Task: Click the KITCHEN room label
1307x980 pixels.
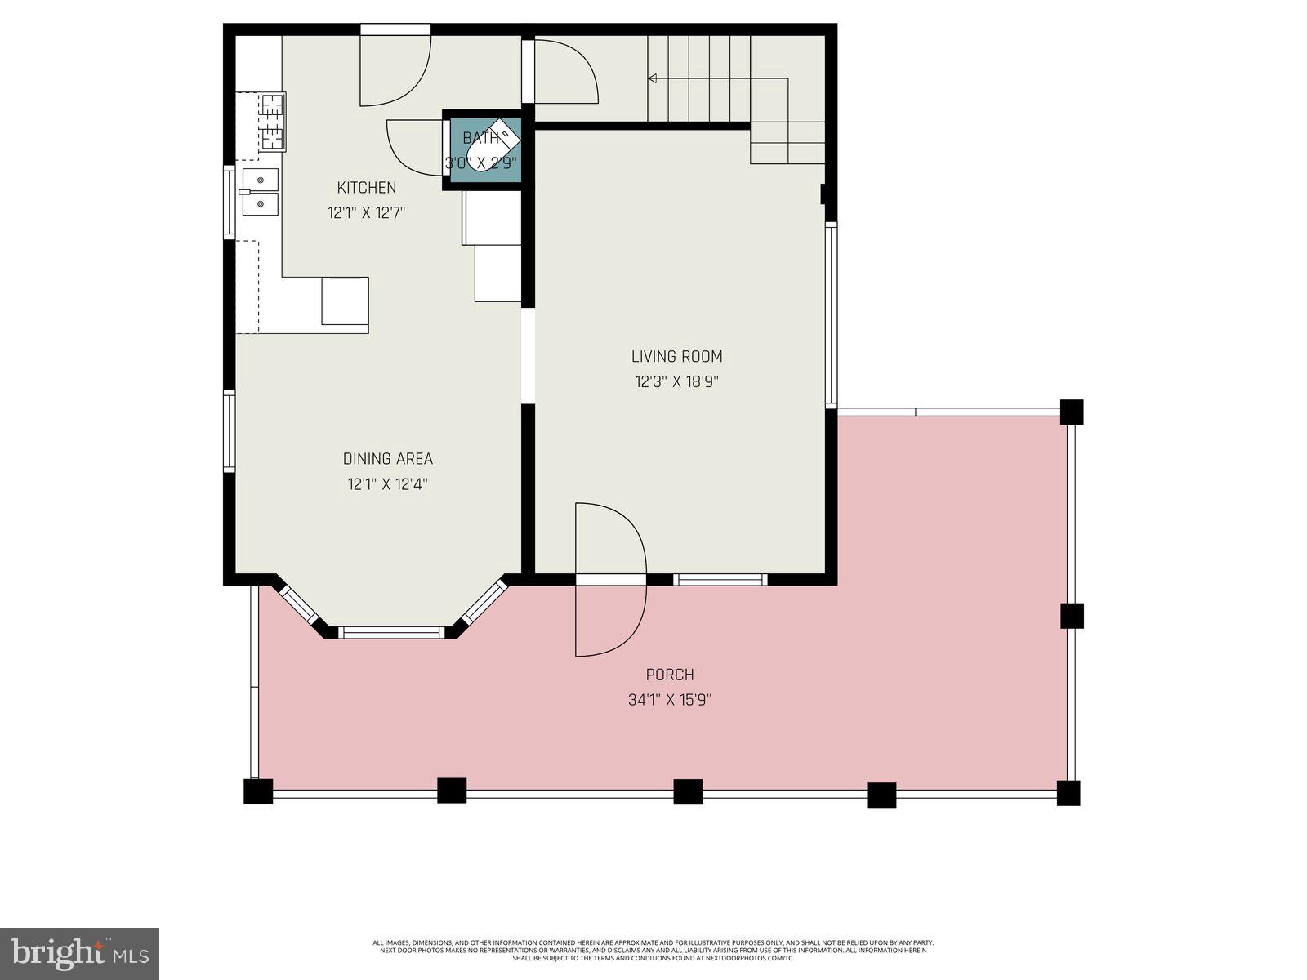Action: point(367,188)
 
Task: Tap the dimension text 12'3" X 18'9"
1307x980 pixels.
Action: point(676,381)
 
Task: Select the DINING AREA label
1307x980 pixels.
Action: point(387,459)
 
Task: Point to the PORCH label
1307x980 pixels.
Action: point(670,675)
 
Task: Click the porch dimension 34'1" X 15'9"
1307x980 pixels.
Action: point(671,700)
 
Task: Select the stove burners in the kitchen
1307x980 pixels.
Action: point(273,123)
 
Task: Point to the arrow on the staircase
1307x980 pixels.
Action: point(653,79)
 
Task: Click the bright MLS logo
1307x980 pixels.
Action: point(79,953)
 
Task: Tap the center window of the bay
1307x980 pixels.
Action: point(391,631)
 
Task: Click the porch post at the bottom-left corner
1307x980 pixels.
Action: point(258,791)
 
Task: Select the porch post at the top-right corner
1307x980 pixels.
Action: point(1071,412)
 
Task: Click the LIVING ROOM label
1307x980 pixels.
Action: point(676,356)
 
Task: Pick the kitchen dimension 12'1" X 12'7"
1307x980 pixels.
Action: point(367,213)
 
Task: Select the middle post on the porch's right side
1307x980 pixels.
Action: point(1072,616)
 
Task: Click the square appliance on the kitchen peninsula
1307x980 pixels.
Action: point(345,301)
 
